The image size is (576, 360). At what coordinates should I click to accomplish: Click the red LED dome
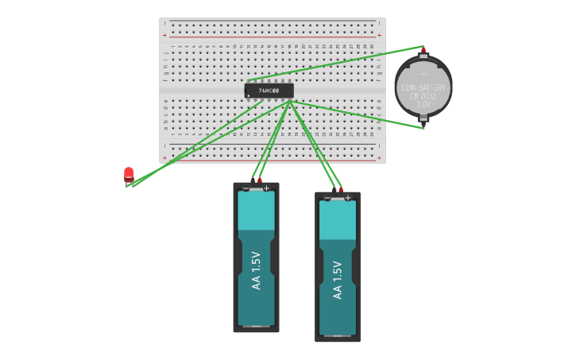(x=129, y=172)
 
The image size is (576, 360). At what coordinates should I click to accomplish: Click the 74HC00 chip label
(x=269, y=91)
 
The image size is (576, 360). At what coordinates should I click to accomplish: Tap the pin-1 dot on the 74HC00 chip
(x=249, y=95)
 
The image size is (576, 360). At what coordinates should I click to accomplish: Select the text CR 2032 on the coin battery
(x=423, y=95)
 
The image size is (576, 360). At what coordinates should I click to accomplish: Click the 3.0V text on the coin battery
(x=423, y=104)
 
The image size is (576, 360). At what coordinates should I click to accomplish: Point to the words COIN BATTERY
(x=423, y=87)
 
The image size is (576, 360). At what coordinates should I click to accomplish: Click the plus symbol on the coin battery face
(x=423, y=73)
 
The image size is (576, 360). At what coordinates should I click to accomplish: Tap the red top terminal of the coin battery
(x=423, y=51)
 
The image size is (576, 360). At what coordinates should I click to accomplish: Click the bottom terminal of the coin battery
(x=423, y=121)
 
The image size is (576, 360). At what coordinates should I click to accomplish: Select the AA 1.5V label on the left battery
(x=256, y=270)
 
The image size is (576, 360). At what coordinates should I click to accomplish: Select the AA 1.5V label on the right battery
(x=338, y=280)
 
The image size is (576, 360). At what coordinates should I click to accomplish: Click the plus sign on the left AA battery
(x=266, y=188)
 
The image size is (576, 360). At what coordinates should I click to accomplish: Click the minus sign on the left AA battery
(x=246, y=188)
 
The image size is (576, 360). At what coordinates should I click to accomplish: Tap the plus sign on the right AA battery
(x=348, y=197)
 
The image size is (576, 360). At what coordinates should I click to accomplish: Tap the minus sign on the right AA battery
(x=327, y=197)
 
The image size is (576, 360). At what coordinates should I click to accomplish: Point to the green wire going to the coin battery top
(x=342, y=64)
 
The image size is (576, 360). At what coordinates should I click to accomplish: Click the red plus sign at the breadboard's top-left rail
(x=164, y=35)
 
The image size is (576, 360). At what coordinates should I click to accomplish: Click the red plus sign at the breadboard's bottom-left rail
(x=164, y=157)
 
